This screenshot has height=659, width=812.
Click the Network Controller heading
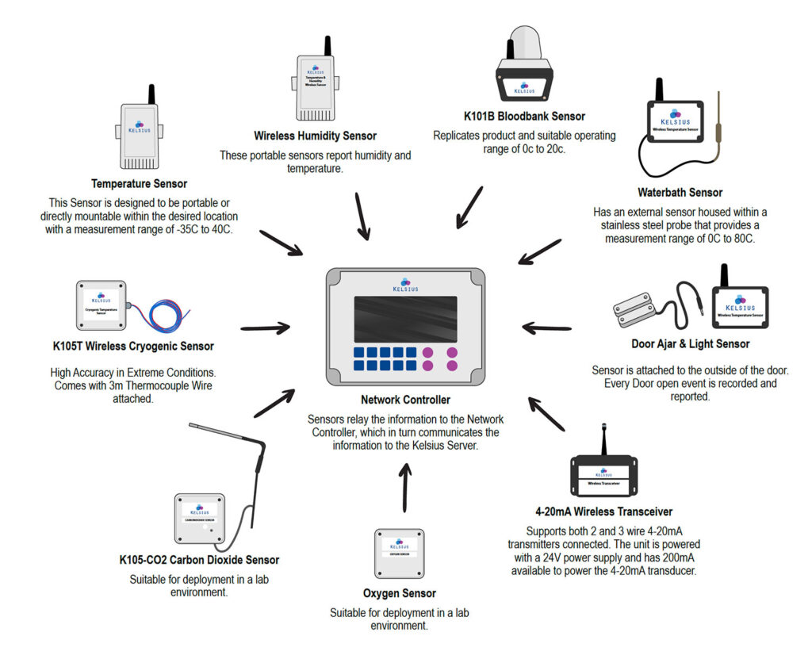405,400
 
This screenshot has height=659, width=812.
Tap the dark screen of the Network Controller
405,319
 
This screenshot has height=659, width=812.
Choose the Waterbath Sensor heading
680,193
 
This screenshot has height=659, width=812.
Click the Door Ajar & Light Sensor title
685,344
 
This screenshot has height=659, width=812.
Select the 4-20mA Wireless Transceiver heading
603,511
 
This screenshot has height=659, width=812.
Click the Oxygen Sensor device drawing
400,554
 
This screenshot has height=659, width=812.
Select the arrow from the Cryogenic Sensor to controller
264,327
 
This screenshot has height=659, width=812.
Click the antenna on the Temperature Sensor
151,94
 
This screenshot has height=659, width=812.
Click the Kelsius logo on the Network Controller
405,285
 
